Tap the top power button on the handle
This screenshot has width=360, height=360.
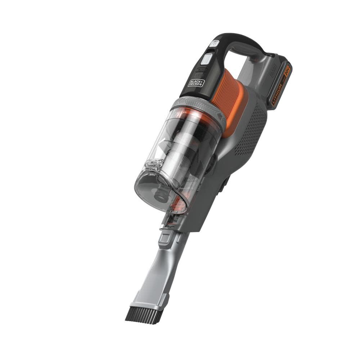click(215, 43)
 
